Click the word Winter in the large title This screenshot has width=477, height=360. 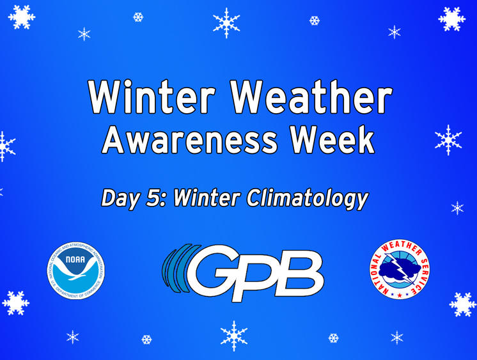[152, 97]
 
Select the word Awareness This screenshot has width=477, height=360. [189, 139]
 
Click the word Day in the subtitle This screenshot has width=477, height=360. [120, 199]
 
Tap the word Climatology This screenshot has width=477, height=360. [308, 200]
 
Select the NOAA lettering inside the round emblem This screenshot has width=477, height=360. [75, 259]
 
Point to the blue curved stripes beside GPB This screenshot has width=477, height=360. [177, 269]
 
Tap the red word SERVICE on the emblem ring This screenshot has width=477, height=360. [421, 273]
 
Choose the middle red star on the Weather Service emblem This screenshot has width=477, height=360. [400, 295]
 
